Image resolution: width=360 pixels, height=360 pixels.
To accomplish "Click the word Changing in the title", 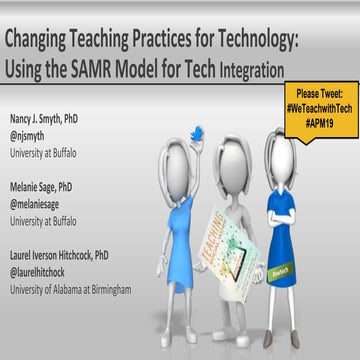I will (45, 41).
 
